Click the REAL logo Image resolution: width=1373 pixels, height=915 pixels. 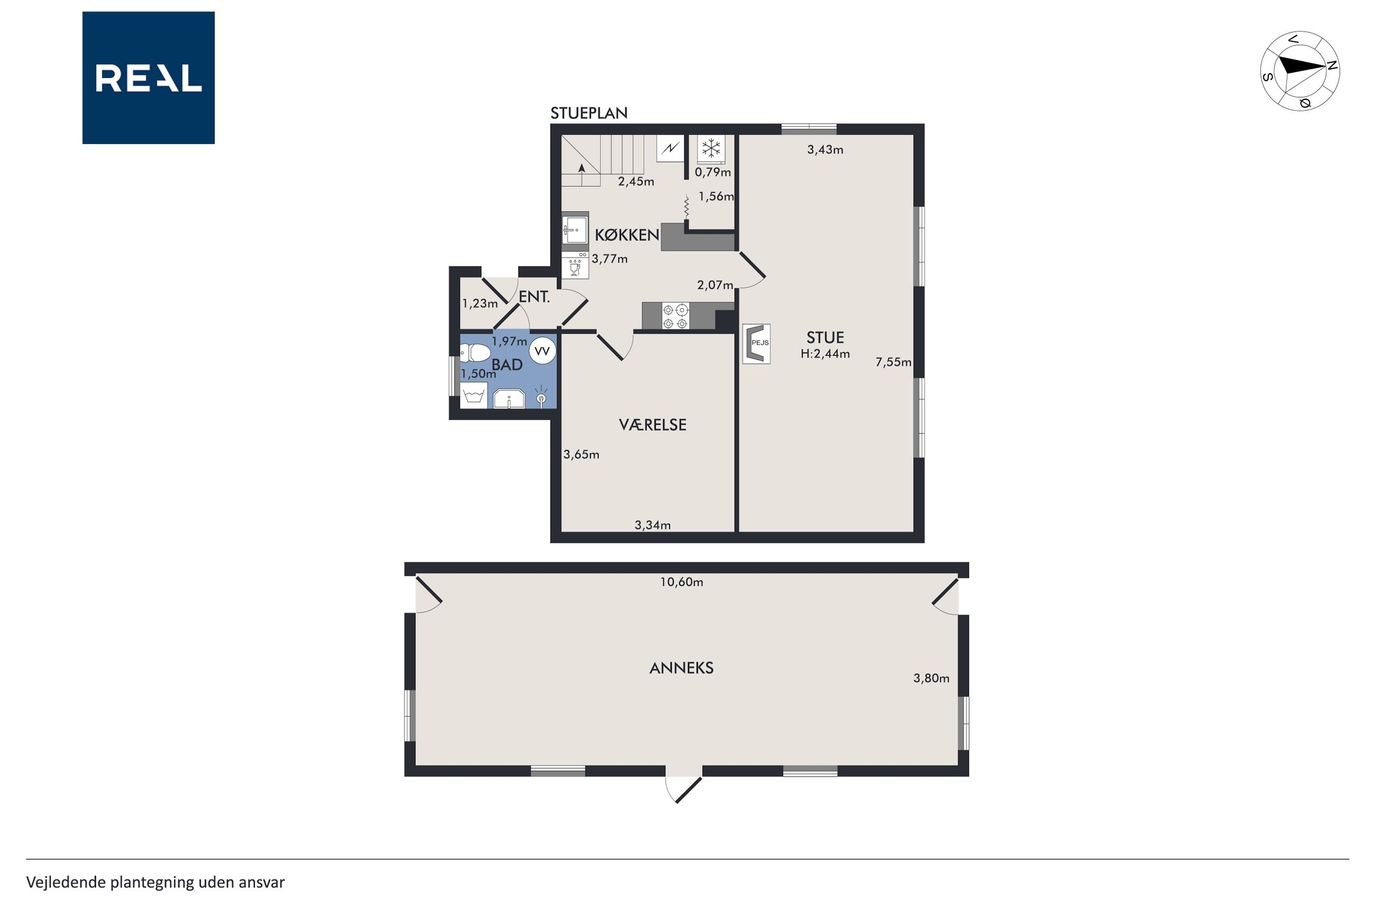(148, 78)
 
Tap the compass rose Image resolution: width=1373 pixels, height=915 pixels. (1300, 71)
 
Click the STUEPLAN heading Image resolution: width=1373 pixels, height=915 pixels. (589, 113)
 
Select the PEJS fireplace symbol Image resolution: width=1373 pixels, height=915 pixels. (756, 344)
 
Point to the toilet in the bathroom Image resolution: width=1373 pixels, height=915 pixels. (474, 353)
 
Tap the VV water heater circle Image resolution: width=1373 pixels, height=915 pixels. (542, 351)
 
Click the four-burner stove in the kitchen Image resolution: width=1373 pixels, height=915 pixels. (675, 316)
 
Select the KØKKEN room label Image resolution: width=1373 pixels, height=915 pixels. (627, 234)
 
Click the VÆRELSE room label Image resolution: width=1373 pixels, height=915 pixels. (652, 425)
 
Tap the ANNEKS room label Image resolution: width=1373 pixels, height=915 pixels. (681, 668)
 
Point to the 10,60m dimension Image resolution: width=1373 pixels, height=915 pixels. (681, 582)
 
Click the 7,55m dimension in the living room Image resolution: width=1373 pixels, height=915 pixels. (893, 362)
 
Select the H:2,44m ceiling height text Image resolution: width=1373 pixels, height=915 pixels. (824, 354)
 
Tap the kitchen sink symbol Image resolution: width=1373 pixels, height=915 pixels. (575, 228)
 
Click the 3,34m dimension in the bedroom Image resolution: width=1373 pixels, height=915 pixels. (652, 525)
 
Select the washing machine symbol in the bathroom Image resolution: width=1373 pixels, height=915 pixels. (474, 395)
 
